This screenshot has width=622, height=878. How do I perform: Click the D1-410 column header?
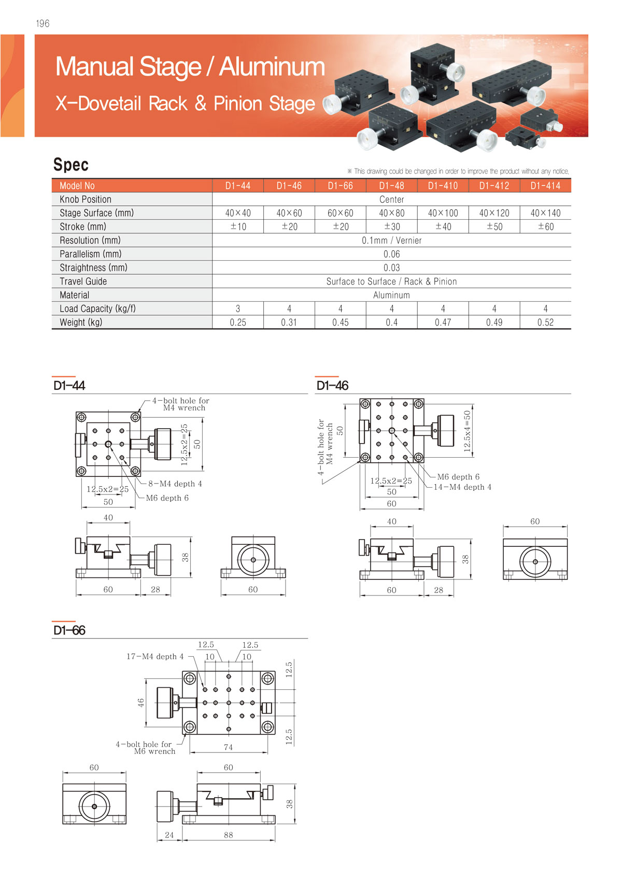(x=443, y=186)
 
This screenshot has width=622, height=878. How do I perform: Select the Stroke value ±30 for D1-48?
(x=391, y=226)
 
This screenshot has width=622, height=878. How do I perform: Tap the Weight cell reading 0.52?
(x=545, y=322)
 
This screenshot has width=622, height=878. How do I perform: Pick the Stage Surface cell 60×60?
(x=340, y=213)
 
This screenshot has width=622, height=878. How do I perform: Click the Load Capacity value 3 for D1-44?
(x=238, y=309)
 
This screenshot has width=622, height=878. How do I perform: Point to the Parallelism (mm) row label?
(x=91, y=254)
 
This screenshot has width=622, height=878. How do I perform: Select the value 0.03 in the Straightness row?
(x=391, y=268)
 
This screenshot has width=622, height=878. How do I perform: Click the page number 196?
(x=43, y=23)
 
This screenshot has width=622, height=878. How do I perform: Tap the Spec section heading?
(x=71, y=165)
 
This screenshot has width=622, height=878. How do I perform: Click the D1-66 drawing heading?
(x=69, y=630)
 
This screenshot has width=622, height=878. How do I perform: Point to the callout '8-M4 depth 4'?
(x=175, y=484)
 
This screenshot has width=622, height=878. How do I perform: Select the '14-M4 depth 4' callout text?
(x=462, y=487)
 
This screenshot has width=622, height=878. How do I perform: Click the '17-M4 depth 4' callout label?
(x=155, y=657)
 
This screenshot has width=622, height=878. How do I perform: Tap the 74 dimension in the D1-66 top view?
(x=228, y=747)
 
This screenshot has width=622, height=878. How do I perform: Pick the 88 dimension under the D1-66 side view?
(x=228, y=835)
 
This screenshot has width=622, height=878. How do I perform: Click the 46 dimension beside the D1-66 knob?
(x=141, y=703)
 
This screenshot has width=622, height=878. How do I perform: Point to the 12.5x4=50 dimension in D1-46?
(x=468, y=431)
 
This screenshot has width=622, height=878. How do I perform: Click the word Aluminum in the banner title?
(x=272, y=67)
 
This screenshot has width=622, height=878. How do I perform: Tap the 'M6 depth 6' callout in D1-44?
(x=167, y=498)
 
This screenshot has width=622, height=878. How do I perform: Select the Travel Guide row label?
(x=83, y=281)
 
